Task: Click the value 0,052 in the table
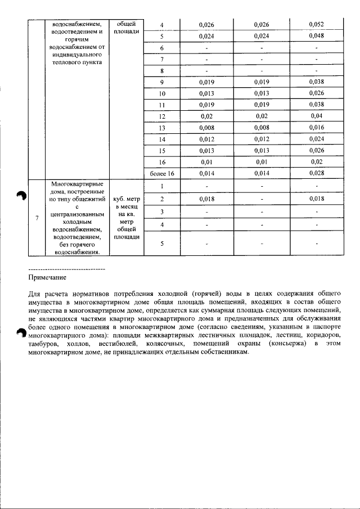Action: tap(317, 25)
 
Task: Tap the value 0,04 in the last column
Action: tap(317, 115)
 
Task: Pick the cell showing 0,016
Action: tap(317, 128)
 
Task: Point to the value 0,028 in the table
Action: tap(317, 173)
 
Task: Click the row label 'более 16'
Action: tap(161, 173)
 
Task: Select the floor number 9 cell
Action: tap(161, 82)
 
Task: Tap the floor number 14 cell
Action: tap(161, 139)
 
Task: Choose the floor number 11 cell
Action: tap(161, 104)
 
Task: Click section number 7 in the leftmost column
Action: tap(37, 218)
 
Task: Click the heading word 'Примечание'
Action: tap(47, 277)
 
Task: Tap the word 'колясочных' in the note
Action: tap(164, 343)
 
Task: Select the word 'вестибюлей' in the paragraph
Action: tap(117, 343)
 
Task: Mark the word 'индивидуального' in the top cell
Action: tap(75, 56)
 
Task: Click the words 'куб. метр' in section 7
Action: tap(126, 199)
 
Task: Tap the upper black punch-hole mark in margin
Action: tap(21, 195)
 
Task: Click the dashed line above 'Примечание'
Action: tap(66, 269)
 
